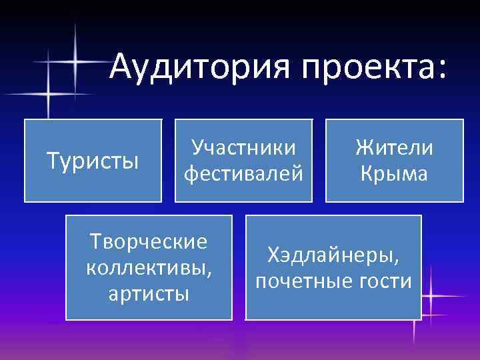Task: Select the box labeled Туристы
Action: click(93, 160)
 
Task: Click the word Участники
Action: click(243, 148)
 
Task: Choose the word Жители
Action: click(394, 147)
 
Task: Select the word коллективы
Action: click(149, 268)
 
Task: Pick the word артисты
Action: click(149, 293)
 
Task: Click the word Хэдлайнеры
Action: click(333, 255)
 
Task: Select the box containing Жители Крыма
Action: click(394, 160)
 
